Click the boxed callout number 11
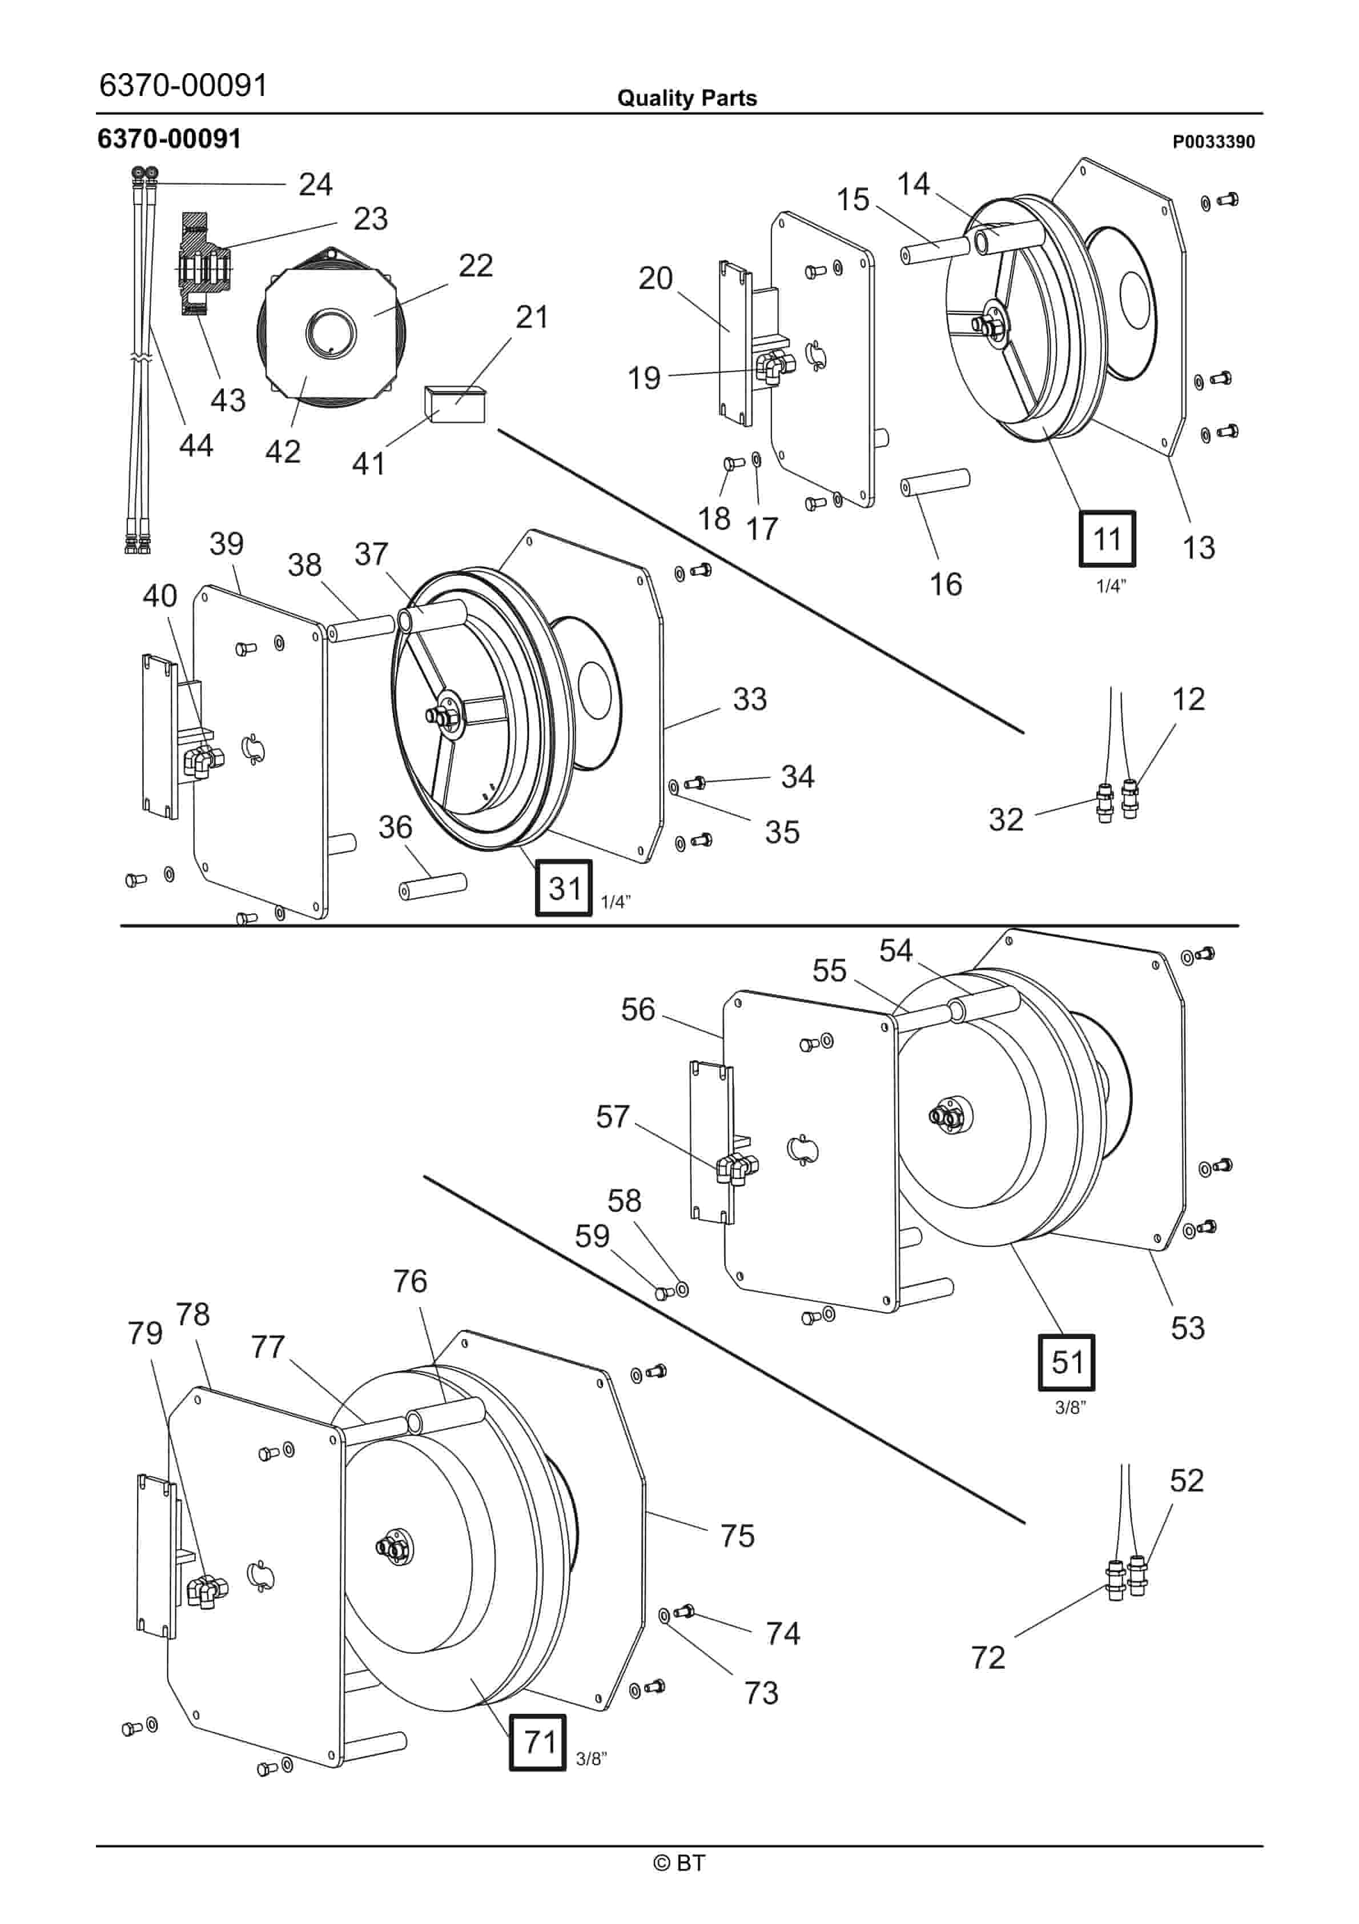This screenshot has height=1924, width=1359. point(1107,538)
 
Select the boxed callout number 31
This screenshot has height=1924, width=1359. point(564,887)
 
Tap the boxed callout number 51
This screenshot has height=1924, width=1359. point(1067,1362)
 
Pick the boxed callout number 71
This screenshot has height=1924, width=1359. point(538,1742)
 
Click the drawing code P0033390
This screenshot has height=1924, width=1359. point(1213,142)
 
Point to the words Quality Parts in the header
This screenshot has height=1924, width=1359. point(687,98)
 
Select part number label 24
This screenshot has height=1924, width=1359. point(315,185)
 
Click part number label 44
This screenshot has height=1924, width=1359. point(196,445)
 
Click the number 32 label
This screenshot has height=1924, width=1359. point(1006,820)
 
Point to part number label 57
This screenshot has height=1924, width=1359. point(613,1116)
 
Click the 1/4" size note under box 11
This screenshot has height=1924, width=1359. point(1111,586)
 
